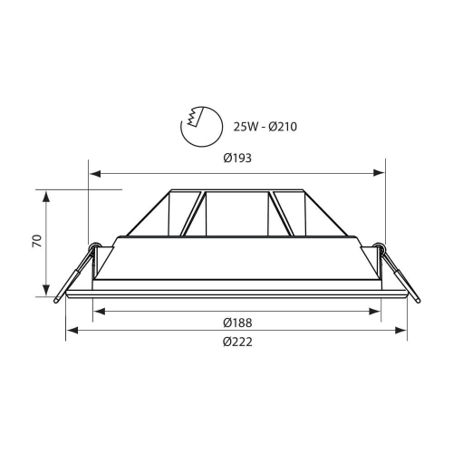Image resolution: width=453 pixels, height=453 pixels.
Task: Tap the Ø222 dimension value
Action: pos(236,342)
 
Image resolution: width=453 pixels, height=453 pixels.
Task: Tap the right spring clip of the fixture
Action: pos(398,271)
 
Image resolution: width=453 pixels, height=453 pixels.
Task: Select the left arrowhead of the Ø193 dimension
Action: pos(92,172)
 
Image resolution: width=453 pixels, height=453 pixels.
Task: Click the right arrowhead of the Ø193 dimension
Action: pos(381,172)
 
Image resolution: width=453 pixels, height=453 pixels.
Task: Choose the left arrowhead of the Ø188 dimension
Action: pos(98,311)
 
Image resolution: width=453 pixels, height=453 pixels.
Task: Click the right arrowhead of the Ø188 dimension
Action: pos(376,311)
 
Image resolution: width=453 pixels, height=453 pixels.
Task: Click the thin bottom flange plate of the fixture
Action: pos(236,294)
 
